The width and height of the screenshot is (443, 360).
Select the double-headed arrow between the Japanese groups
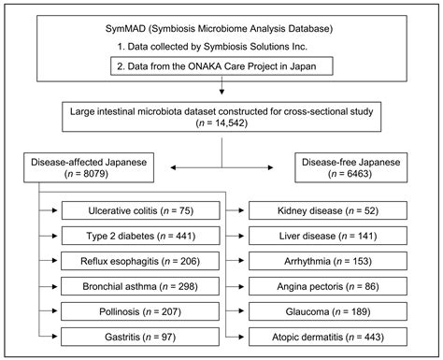point(221,166)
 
